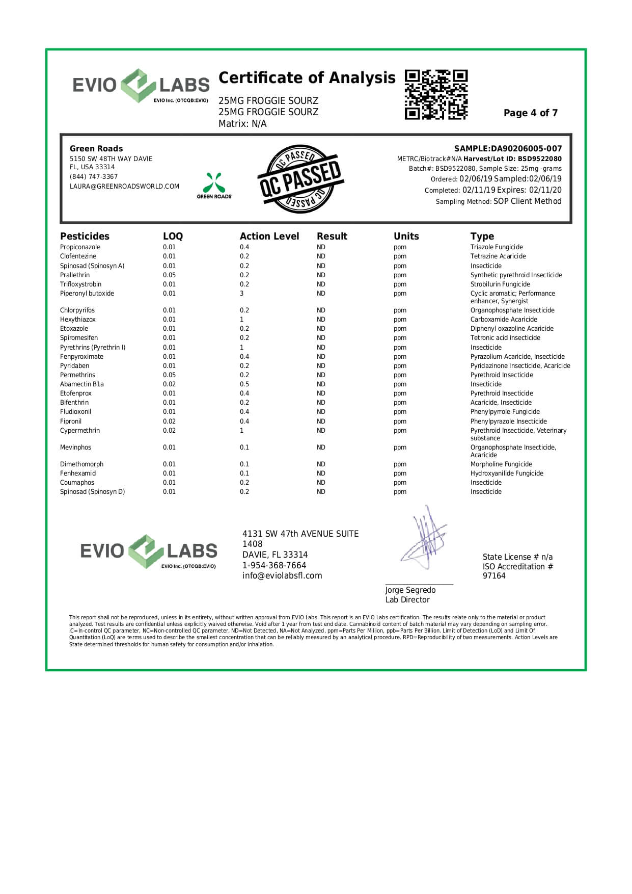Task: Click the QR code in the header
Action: [x=436, y=95]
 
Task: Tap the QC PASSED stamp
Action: [x=300, y=179]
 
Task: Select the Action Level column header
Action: [x=269, y=236]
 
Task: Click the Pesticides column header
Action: [x=85, y=236]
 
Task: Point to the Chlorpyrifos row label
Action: [x=77, y=310]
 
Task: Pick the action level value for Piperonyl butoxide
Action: [x=242, y=294]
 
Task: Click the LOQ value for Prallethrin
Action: [x=169, y=275]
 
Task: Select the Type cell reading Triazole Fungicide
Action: [x=497, y=247]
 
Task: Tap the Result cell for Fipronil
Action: [x=321, y=422]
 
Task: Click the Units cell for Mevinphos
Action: [x=400, y=448]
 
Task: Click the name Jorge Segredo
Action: [x=410, y=590]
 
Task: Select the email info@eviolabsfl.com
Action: [x=282, y=576]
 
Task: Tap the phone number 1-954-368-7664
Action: [x=274, y=566]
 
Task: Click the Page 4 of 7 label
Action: [x=530, y=113]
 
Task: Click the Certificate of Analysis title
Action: [x=307, y=78]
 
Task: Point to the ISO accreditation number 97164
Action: [x=494, y=576]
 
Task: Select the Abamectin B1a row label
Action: [x=82, y=384]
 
